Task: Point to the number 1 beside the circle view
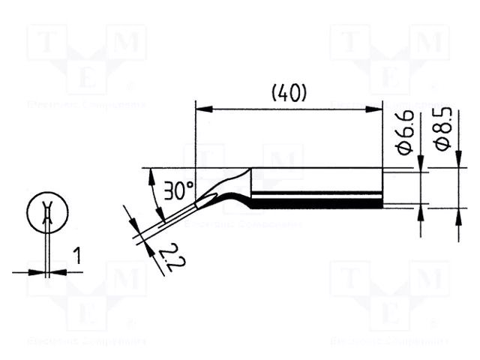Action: coord(76,257)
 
